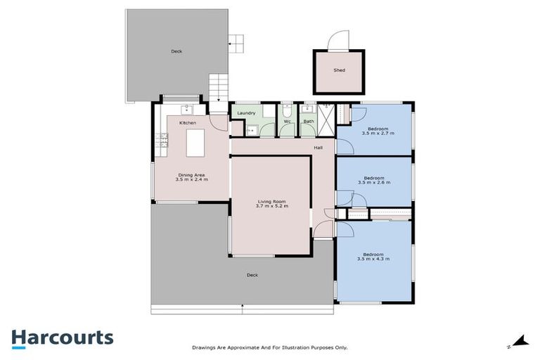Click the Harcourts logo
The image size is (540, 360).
[x=62, y=337]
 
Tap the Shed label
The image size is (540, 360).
[x=339, y=70]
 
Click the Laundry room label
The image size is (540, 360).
[x=246, y=112]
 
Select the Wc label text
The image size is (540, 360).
[x=287, y=121]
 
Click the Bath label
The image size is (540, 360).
[x=308, y=121]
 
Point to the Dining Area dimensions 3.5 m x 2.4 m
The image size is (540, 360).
[x=191, y=180]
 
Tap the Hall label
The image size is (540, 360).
[x=318, y=148]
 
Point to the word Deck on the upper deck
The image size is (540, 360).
[x=176, y=51]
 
